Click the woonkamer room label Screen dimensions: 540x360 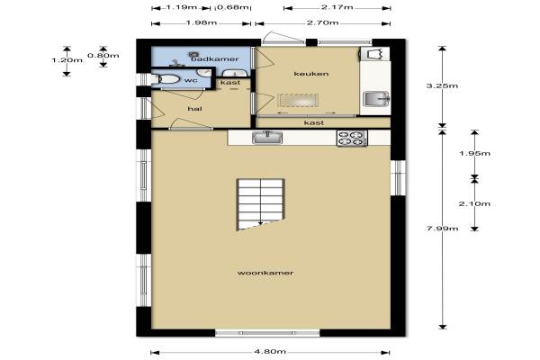pyautogui.click(x=265, y=273)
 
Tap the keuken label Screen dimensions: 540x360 pyautogui.click(x=311, y=74)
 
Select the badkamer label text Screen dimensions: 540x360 pyautogui.click(x=215, y=58)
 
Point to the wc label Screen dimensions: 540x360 pyautogui.click(x=191, y=80)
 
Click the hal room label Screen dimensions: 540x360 pyautogui.click(x=194, y=109)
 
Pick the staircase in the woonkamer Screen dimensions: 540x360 pyautogui.click(x=260, y=204)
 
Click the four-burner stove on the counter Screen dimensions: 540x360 pyautogui.click(x=352, y=138)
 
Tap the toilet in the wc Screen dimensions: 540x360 pyautogui.click(x=166, y=79)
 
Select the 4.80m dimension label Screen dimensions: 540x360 pyautogui.click(x=270, y=352)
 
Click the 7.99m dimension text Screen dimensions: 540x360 pyautogui.click(x=442, y=228)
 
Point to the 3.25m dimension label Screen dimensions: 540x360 pyautogui.click(x=442, y=85)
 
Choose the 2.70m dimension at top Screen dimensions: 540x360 pyautogui.click(x=323, y=23)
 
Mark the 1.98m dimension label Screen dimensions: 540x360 pyautogui.click(x=202, y=23)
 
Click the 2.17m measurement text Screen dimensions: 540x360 pyautogui.click(x=337, y=7)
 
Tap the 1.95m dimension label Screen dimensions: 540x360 pyautogui.click(x=474, y=153)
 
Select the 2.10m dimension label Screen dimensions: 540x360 pyautogui.click(x=474, y=203)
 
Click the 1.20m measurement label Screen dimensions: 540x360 pyautogui.click(x=67, y=60)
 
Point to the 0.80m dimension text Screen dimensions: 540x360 pyautogui.click(x=103, y=55)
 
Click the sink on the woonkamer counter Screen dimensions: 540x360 pyautogui.click(x=267, y=138)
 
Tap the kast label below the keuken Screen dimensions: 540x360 pyautogui.click(x=314, y=123)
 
